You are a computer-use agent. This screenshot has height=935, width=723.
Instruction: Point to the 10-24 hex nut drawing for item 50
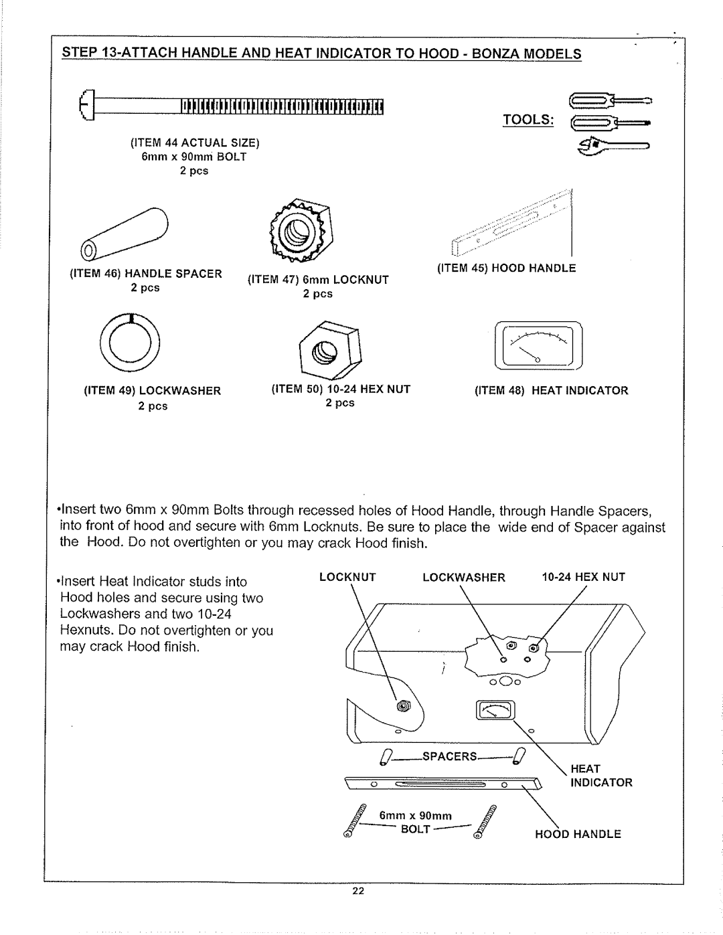[329, 347]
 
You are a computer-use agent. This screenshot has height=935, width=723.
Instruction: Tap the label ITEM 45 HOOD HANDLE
[507, 268]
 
